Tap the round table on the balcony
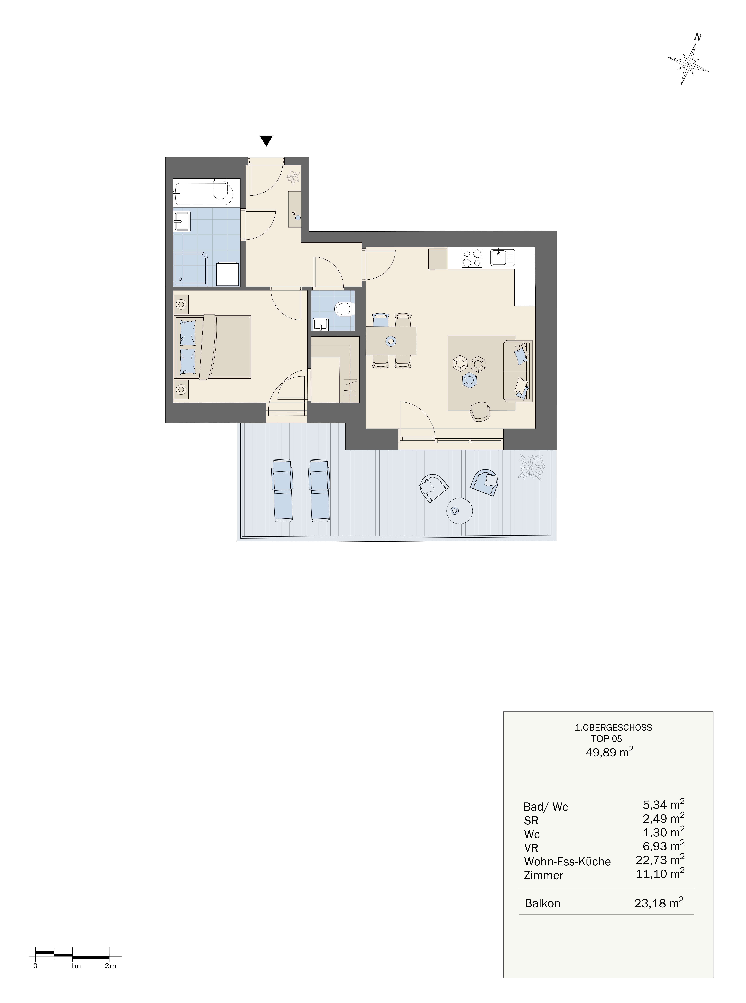[x=459, y=511]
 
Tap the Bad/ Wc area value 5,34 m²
[x=663, y=805]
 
